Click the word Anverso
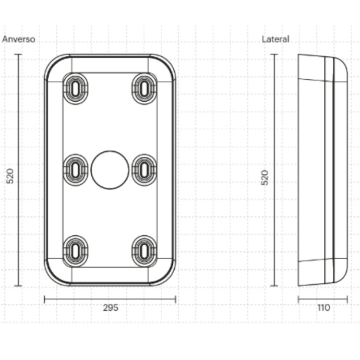[x=19, y=39]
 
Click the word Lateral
[x=275, y=39]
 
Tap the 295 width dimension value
[x=111, y=308]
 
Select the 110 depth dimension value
[x=323, y=308]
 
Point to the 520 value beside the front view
[x=10, y=176]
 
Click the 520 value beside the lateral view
[x=265, y=177]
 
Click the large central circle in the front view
[x=110, y=170]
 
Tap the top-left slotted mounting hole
[x=75, y=89]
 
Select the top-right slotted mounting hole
[x=145, y=89]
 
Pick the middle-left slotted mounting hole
[x=75, y=170]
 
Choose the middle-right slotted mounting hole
[x=145, y=170]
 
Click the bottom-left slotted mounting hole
[x=75, y=251]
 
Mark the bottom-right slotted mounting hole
[x=145, y=251]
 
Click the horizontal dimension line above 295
[x=110, y=299]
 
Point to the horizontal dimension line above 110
[x=323, y=299]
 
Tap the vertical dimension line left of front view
[x=18, y=170]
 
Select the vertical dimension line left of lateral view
[x=274, y=170]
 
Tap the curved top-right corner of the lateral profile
[x=344, y=65]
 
